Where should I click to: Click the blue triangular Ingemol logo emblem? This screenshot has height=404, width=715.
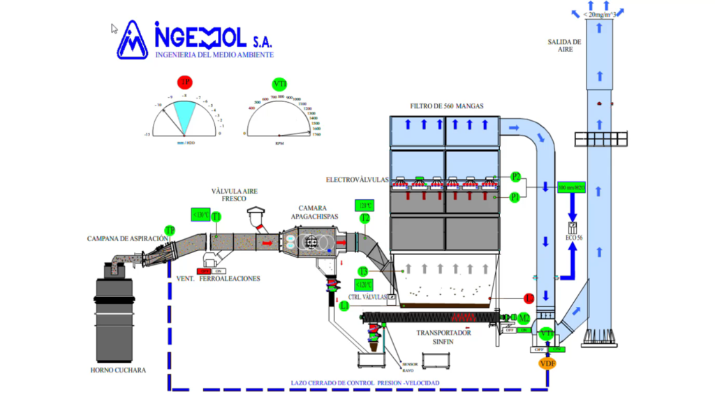[x=133, y=40]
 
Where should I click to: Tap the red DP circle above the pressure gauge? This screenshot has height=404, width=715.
[x=184, y=82]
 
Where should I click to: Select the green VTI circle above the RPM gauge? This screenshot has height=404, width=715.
[x=280, y=84]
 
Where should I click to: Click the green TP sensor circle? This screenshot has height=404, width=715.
[x=170, y=230]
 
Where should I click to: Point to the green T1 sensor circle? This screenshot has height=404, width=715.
[x=216, y=217]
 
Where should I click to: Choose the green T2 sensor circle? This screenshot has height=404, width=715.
[x=364, y=218]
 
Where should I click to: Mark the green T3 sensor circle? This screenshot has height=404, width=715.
[x=363, y=271]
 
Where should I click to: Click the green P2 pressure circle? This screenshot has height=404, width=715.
[x=516, y=176]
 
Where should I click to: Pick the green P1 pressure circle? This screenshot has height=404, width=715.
[x=515, y=197]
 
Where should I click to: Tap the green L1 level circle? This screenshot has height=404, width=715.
[x=344, y=305]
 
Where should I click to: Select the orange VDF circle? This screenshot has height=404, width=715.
[x=547, y=363]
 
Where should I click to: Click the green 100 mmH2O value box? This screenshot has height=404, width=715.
[x=572, y=188]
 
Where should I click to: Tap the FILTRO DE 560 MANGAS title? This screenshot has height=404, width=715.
[x=447, y=106]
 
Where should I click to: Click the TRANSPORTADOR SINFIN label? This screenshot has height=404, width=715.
[x=444, y=337]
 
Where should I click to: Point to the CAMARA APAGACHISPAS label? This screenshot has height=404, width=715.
[x=318, y=212]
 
